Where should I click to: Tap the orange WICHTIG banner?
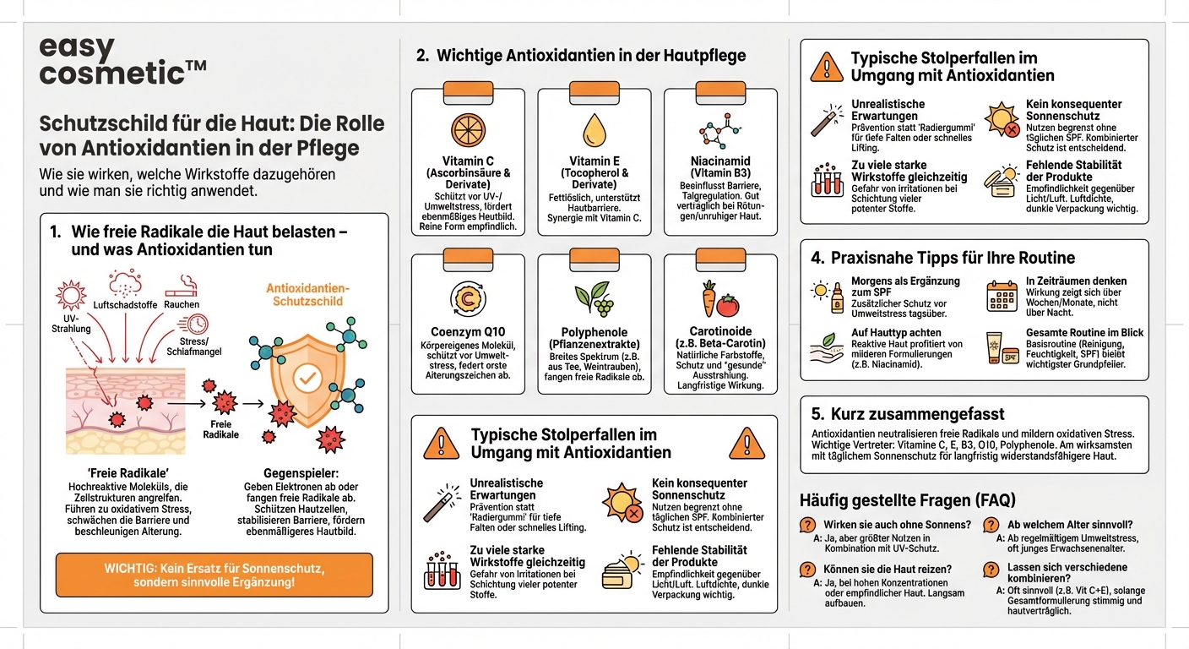click(214, 575)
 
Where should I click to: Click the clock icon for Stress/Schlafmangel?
click(198, 323)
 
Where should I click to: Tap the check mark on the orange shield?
click(308, 378)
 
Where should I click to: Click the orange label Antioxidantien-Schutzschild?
click(308, 295)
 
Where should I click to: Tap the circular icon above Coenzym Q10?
click(467, 297)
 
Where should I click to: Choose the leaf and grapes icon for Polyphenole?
click(594, 298)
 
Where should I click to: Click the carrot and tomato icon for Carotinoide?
click(720, 298)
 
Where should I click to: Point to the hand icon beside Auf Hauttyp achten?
click(827, 346)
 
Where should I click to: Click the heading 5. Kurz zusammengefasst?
click(908, 414)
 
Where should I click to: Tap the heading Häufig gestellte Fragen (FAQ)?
click(908, 499)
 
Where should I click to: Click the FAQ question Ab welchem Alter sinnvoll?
click(1070, 525)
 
